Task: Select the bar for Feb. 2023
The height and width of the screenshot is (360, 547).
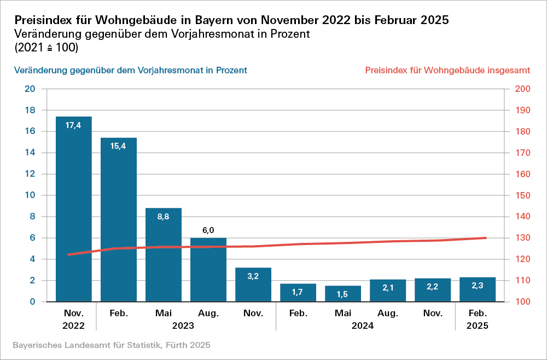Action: tap(118, 219)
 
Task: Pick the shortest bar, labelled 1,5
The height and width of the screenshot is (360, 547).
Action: tap(342, 294)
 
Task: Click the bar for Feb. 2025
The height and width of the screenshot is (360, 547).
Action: tap(477, 289)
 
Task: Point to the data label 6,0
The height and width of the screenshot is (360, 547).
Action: tap(208, 230)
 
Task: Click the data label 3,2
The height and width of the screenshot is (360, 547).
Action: tap(253, 276)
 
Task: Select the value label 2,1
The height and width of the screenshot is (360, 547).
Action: tap(387, 288)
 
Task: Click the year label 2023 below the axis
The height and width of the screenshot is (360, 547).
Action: tap(185, 325)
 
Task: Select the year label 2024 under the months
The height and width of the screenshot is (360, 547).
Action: tap(365, 325)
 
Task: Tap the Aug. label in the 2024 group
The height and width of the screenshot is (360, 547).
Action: tap(387, 313)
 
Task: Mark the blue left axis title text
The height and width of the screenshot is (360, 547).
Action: tap(131, 71)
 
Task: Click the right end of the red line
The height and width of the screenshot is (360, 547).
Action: tap(486, 238)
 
